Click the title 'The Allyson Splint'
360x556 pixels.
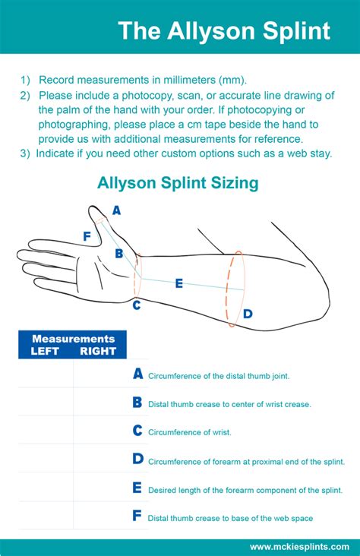[224, 31]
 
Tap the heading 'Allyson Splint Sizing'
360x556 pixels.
[178, 183]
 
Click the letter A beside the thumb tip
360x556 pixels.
[116, 210]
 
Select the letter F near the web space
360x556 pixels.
[87, 236]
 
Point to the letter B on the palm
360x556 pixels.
[119, 254]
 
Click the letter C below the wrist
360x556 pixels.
[136, 305]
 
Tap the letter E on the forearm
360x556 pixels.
[179, 283]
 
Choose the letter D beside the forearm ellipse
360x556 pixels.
[248, 313]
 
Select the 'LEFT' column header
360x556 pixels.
[45, 351]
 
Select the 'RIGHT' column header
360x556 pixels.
[98, 351]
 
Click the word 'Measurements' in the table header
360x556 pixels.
[73, 339]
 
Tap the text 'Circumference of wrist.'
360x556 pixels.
[190, 432]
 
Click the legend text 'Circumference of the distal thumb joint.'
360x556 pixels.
[218, 376]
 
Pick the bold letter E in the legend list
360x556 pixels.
[137, 488]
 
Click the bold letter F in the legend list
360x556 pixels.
[137, 516]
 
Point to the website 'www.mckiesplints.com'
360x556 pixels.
[299, 546]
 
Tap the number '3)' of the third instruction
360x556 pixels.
[25, 153]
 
